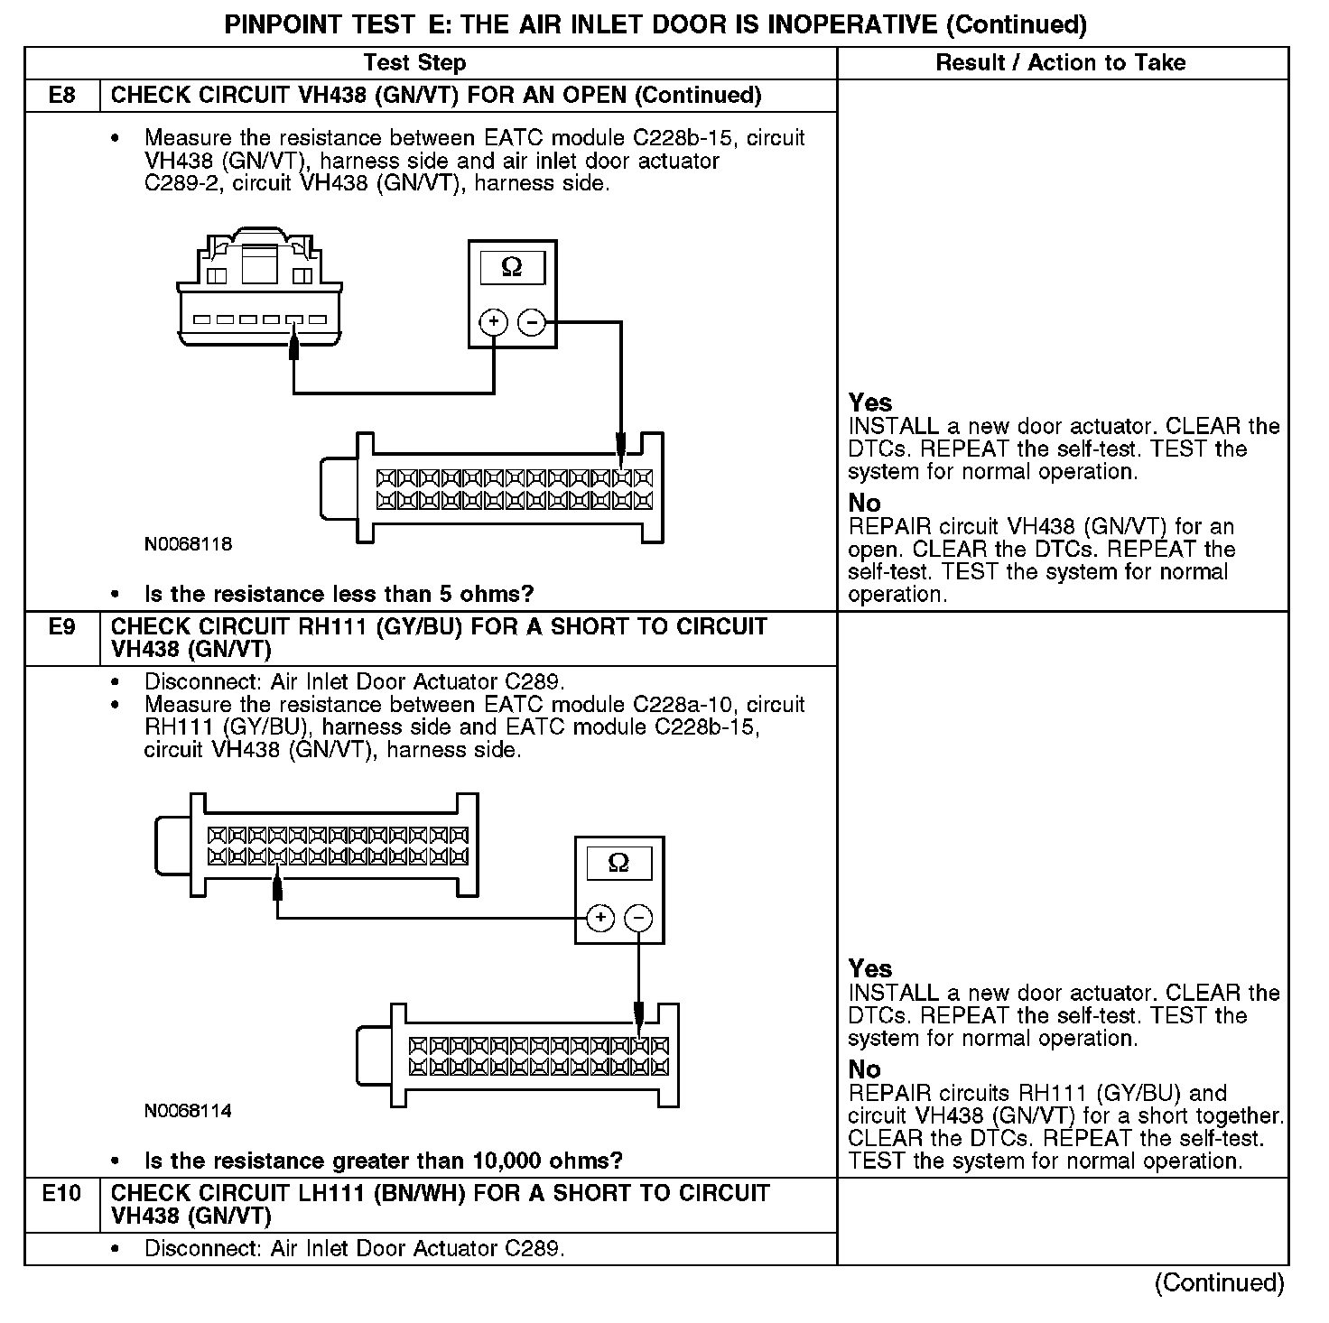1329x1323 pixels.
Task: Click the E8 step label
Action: click(x=61, y=96)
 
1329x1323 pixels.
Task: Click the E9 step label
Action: click(x=61, y=626)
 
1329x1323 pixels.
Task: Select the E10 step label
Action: click(x=61, y=1193)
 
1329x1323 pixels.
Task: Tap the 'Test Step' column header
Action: click(x=414, y=62)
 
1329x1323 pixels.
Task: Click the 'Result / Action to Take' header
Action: click(x=1061, y=62)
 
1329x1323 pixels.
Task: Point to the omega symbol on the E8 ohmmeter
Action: click(x=512, y=268)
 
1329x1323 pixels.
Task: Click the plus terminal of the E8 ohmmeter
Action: click(x=493, y=322)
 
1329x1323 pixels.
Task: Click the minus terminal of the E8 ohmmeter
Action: click(x=532, y=322)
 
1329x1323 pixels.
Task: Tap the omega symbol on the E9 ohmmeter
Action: click(x=618, y=864)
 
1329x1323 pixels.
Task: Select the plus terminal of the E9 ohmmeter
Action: click(x=600, y=919)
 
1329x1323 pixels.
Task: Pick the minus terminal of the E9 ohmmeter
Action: click(x=638, y=919)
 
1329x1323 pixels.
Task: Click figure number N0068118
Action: click(x=188, y=544)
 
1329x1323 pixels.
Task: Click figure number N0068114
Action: click(x=188, y=1111)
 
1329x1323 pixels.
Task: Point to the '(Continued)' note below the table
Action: click(x=1219, y=1282)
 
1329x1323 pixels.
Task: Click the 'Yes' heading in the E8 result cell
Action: click(x=870, y=402)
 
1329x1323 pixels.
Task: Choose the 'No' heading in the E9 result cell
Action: click(x=864, y=1069)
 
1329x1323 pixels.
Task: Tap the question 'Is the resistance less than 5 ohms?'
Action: click(x=339, y=594)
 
